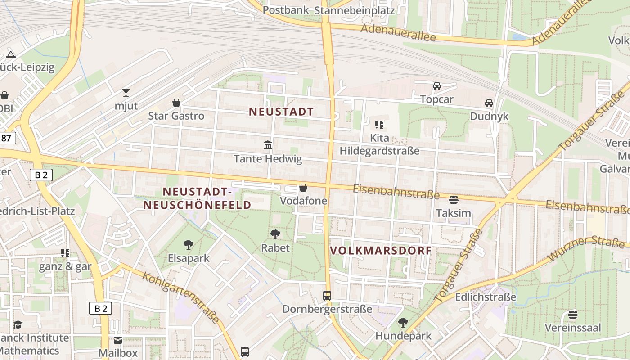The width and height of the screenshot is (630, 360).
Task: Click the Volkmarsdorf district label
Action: tap(381, 251)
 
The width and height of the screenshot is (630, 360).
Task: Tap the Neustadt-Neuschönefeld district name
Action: tap(197, 198)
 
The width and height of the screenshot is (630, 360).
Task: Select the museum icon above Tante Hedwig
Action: tap(268, 145)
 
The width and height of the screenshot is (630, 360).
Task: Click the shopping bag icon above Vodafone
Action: tap(303, 187)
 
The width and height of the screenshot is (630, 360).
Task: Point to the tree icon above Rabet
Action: tap(275, 234)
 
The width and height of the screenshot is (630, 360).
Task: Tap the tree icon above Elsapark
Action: tap(189, 245)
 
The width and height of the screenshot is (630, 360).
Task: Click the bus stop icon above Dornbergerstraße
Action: tap(327, 296)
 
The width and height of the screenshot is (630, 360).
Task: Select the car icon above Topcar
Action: tap(436, 85)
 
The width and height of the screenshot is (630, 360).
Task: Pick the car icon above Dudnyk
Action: tap(489, 103)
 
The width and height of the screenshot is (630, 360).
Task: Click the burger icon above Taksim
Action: tap(454, 199)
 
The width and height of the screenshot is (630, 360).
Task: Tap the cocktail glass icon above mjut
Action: tap(126, 93)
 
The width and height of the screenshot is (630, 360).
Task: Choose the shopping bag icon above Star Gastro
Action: tap(176, 103)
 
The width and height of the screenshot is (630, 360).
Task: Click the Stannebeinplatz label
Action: tap(355, 10)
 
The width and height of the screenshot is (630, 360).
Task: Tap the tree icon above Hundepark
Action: tap(403, 322)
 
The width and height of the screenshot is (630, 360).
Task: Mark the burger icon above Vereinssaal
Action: tap(573, 314)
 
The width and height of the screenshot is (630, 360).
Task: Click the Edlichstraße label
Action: tap(486, 297)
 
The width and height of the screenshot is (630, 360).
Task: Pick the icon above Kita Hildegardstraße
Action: tap(379, 124)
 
